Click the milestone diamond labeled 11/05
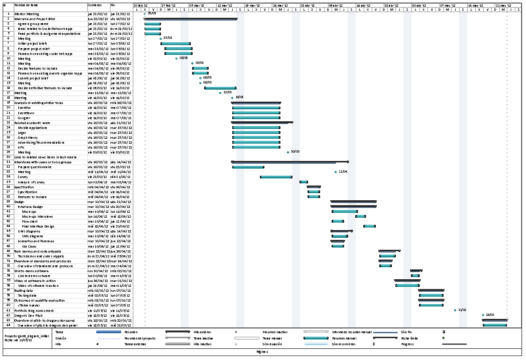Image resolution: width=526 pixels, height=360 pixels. (x=455, y=310)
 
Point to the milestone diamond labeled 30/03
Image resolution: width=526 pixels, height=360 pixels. (x=288, y=152)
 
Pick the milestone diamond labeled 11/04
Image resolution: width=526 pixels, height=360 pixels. (x=336, y=172)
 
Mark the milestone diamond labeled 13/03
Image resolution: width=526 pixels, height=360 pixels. (x=220, y=93)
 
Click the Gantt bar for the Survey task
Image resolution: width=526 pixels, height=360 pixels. (x=276, y=177)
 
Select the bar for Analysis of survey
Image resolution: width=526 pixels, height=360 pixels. (x=304, y=182)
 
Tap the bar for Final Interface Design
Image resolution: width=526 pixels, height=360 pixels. (x=369, y=226)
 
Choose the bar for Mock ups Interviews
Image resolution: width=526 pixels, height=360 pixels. (x=361, y=216)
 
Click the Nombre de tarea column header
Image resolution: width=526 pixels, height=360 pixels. (x=26, y=4)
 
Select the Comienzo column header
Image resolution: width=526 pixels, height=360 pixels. (x=95, y=4)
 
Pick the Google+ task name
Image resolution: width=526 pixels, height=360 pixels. (x=24, y=118)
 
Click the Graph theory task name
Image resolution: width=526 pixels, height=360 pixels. (x=28, y=137)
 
